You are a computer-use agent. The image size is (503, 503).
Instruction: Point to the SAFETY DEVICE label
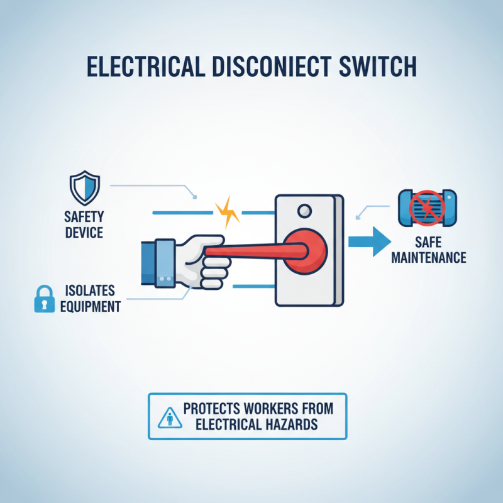coord(83,225)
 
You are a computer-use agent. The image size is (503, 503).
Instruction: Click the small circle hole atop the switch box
coord(305,210)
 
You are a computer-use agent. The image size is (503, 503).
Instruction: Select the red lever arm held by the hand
coord(251,251)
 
